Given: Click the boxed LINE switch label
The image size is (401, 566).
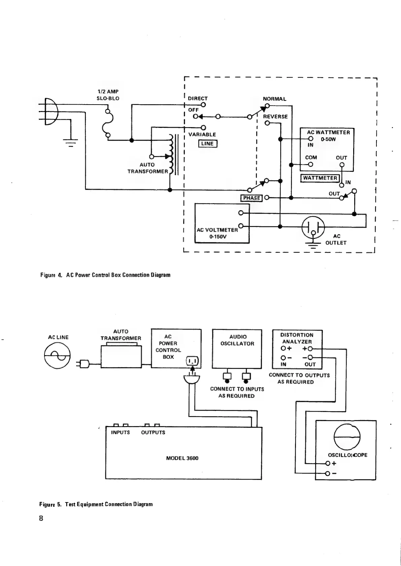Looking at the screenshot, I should pyautogui.click(x=207, y=144).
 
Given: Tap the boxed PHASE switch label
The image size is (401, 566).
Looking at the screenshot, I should pyautogui.click(x=251, y=198).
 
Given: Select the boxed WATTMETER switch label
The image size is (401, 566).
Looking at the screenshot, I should pyautogui.click(x=320, y=178).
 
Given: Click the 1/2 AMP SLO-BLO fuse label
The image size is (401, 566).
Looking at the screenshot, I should pyautogui.click(x=108, y=95).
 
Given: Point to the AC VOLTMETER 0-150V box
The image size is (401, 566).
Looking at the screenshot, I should pyautogui.click(x=222, y=223).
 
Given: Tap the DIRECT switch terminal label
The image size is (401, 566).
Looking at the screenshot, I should pyautogui.click(x=198, y=99).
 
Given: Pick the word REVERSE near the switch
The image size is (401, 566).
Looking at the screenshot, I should pyautogui.click(x=275, y=117).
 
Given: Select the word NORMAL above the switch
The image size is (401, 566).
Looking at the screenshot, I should pyautogui.click(x=274, y=99).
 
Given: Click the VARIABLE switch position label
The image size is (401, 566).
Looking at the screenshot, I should pyautogui.click(x=202, y=135).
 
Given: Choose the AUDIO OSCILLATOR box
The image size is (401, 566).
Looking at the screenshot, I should pyautogui.click(x=237, y=349).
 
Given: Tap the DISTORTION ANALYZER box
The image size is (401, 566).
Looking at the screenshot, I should pyautogui.click(x=297, y=349).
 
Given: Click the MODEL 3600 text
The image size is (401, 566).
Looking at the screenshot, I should pyautogui.click(x=182, y=458).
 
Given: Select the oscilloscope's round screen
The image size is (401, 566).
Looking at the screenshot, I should pyautogui.click(x=347, y=437).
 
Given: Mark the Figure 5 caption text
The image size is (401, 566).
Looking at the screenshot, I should pyautogui.click(x=96, y=504).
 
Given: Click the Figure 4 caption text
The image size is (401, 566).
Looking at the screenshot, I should pyautogui.click(x=105, y=275).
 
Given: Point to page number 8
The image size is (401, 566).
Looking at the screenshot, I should pyautogui.click(x=41, y=518).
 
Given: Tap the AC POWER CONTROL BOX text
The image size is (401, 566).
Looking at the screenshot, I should pyautogui.click(x=168, y=347).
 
